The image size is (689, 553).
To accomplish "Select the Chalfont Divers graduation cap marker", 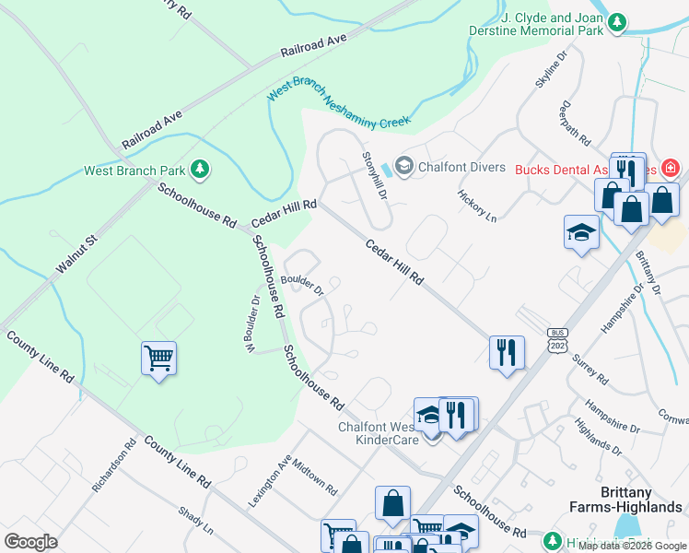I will click(403, 167).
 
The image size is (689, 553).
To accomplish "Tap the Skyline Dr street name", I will click(546, 72).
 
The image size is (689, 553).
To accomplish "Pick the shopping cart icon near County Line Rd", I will click(158, 358).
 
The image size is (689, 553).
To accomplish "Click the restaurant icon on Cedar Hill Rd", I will click(507, 352).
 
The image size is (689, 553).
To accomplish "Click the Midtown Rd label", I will click(315, 476).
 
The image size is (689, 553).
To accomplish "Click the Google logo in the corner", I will click(30, 541).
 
